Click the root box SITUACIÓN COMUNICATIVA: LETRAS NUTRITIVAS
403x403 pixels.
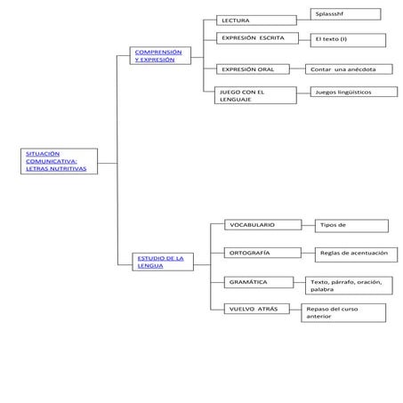click(x=58, y=162)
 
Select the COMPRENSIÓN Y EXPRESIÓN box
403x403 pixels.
click(x=160, y=58)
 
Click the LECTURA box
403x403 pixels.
click(x=257, y=20)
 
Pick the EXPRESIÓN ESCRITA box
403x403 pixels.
click(x=257, y=39)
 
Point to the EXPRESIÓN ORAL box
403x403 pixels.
click(x=257, y=69)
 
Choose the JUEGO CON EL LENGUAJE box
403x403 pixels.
click(x=257, y=95)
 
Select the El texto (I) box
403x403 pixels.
click(x=348, y=40)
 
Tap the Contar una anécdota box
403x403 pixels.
click(x=348, y=69)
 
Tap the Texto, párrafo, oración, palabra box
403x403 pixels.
click(x=349, y=286)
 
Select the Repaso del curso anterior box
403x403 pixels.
click(x=343, y=312)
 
